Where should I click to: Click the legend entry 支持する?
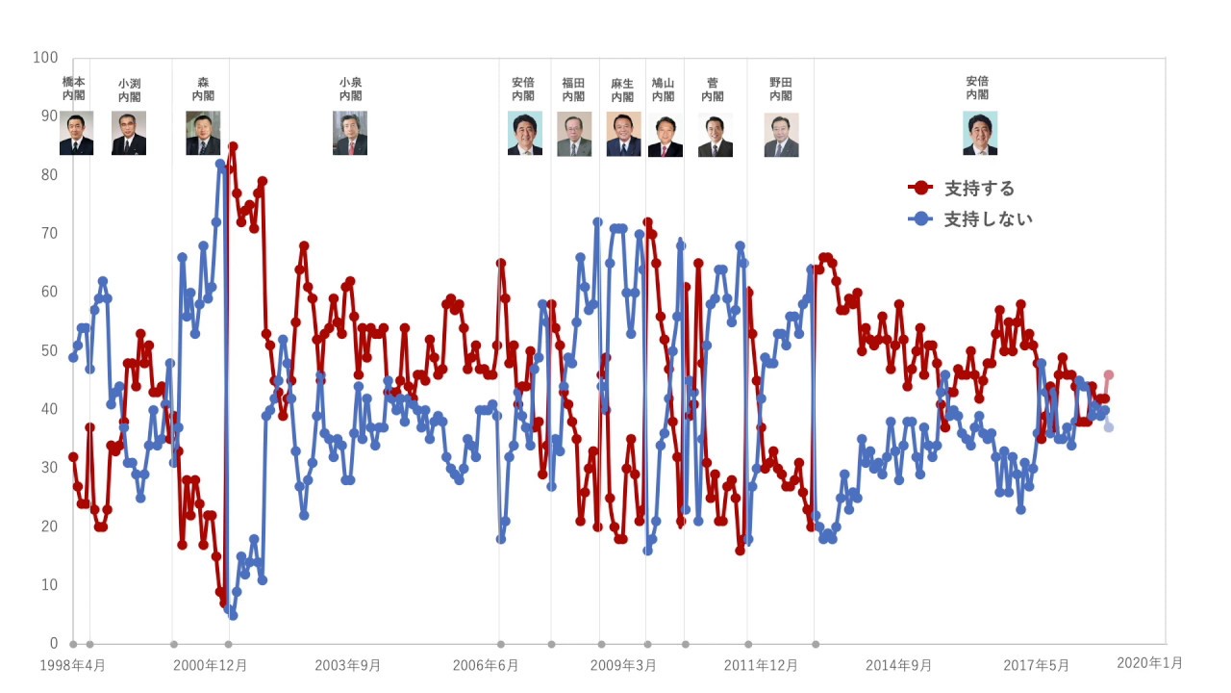point(979,188)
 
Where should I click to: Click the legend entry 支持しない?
point(988,219)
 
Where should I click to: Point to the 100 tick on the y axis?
point(45,58)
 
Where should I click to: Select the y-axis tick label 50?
point(48,350)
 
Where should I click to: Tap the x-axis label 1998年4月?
point(74,665)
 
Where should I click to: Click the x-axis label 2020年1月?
point(1149,663)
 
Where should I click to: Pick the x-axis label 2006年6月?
point(486,665)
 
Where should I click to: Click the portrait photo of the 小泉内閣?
point(350,133)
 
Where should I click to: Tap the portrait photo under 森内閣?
point(203,133)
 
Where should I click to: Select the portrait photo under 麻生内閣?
point(623,134)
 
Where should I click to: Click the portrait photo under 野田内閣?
point(781,135)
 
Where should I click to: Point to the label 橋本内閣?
point(74,89)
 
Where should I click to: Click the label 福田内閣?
point(573,90)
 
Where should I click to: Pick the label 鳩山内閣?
point(663,90)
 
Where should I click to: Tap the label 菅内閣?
point(713,90)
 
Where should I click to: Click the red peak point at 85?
point(233,146)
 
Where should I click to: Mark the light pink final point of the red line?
point(1109,374)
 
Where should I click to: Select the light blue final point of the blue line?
point(1109,426)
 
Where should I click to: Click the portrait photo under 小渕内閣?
point(129,133)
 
